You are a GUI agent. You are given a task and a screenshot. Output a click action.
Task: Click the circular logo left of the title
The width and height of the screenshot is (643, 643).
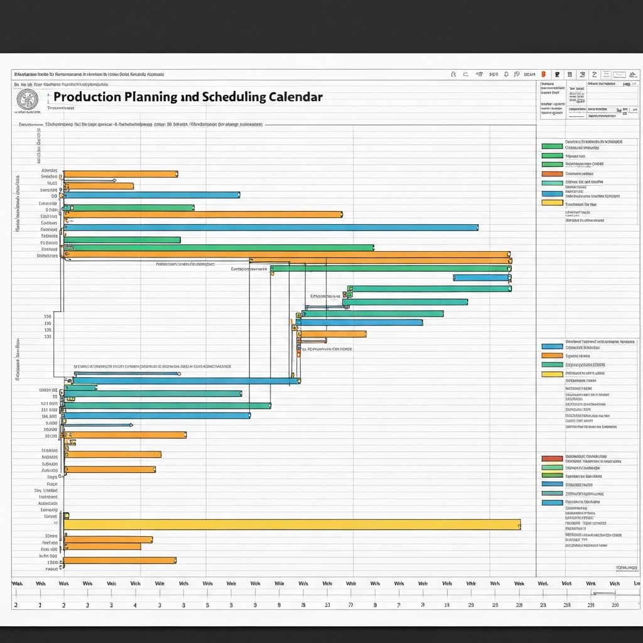click(x=26, y=99)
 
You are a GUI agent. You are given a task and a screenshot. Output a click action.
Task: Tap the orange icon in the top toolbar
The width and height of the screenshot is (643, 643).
click(x=543, y=74)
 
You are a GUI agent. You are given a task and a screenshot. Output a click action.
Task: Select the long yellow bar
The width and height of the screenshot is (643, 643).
click(x=292, y=524)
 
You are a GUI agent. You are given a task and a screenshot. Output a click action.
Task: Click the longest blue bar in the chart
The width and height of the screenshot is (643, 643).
click(x=271, y=227)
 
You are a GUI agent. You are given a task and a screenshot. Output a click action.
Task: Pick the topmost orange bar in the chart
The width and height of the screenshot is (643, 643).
click(x=121, y=174)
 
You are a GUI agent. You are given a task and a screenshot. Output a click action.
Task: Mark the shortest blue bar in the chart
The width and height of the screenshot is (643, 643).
click(x=482, y=277)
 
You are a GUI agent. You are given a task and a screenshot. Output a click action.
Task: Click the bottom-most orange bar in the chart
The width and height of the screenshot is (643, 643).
click(x=119, y=560)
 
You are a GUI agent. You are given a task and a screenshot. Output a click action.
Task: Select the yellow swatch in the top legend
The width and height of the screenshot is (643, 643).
click(x=551, y=203)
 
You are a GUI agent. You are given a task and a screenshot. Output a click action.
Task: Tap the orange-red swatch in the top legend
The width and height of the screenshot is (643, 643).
click(x=551, y=174)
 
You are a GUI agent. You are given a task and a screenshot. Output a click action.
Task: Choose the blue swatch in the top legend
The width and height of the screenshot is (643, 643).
click(x=551, y=193)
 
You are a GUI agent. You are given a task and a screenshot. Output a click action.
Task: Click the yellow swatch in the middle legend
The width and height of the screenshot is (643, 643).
click(x=551, y=374)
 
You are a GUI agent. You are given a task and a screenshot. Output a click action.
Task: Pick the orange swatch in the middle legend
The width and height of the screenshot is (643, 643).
click(x=551, y=355)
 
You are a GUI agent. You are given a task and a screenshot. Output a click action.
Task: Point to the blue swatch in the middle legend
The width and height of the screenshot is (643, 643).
click(x=551, y=346)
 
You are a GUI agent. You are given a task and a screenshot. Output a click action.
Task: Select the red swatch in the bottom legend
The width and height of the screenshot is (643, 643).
click(x=551, y=458)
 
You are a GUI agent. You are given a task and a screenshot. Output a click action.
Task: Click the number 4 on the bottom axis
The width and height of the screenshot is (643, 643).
click(x=135, y=605)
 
